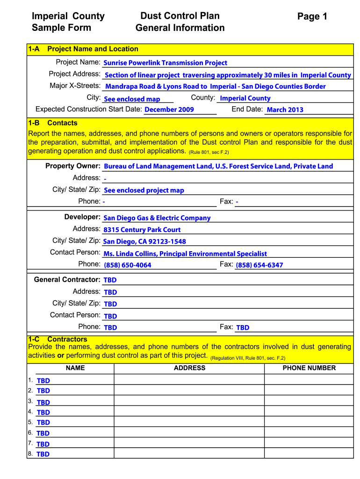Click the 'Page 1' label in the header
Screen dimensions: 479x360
click(312, 17)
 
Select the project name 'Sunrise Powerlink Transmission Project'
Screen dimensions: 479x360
click(165, 63)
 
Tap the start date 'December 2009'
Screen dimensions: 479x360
click(169, 109)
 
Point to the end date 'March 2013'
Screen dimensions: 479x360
click(285, 110)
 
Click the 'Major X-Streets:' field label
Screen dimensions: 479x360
click(75, 86)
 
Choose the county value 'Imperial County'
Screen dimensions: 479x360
click(245, 98)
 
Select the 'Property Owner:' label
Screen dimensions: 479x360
click(73, 166)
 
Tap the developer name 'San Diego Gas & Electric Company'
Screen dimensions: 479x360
click(157, 218)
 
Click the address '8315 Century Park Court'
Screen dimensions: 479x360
click(142, 230)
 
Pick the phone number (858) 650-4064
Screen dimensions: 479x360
click(127, 265)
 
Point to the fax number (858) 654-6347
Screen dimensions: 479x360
click(259, 265)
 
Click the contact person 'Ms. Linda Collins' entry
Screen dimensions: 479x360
click(185, 254)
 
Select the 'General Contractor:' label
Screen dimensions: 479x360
click(67, 280)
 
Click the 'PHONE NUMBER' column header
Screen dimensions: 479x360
click(309, 368)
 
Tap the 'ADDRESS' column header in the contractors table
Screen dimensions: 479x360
click(189, 368)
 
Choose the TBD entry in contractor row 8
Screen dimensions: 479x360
click(43, 454)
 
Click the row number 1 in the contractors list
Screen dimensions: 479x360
click(30, 380)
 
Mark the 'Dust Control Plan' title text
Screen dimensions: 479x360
click(180, 16)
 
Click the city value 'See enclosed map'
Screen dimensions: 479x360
click(132, 99)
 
